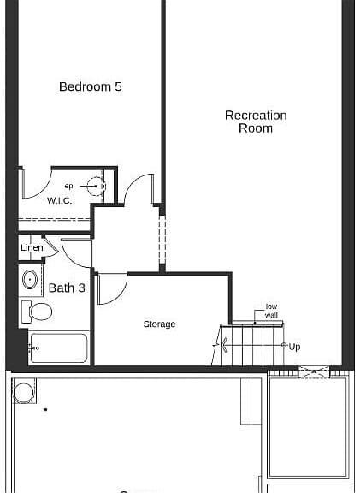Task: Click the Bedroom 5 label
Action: (x=91, y=86)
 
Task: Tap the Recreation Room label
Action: (x=256, y=122)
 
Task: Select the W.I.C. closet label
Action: (x=59, y=200)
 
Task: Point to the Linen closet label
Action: (x=32, y=247)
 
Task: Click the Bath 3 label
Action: (x=67, y=288)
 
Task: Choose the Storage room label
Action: (x=159, y=324)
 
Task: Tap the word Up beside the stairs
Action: (x=294, y=347)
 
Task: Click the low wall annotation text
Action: (x=271, y=311)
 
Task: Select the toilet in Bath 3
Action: (x=37, y=312)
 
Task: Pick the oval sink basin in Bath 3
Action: (x=30, y=279)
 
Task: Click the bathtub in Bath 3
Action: (x=59, y=348)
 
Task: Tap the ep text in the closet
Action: (x=68, y=186)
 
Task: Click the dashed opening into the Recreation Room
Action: (x=162, y=240)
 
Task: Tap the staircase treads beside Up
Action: (x=252, y=346)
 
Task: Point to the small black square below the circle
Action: (x=45, y=409)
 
